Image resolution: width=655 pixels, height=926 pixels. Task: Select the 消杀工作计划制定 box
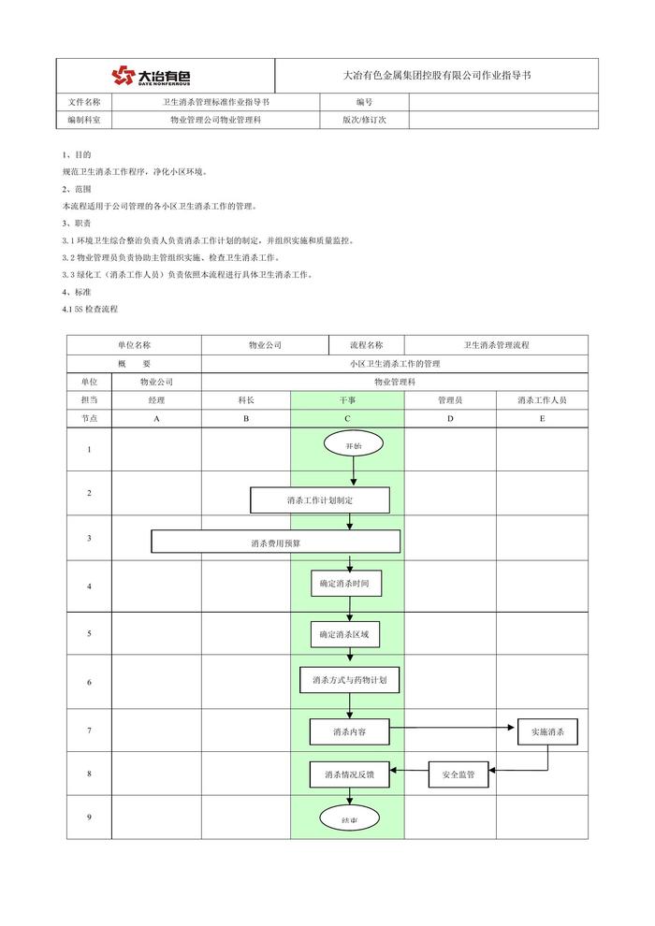319,500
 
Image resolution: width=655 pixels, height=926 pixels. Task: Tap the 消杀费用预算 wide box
275,542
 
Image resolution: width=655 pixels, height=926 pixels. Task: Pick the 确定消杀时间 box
350,583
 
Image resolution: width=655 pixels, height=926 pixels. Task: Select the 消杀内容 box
350,731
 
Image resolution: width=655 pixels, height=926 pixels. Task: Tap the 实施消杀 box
547,731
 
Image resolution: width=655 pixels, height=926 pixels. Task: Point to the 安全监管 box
458,774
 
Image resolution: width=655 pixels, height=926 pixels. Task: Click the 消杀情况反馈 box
349,774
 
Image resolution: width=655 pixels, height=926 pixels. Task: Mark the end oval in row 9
350,819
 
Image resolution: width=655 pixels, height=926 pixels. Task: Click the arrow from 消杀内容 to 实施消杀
454,727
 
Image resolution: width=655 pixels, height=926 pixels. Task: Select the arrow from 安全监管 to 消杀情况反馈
410,772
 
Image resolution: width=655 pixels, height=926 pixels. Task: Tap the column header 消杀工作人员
542,399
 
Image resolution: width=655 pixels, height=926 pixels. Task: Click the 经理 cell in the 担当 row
156,399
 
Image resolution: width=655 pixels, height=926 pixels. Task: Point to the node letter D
450,418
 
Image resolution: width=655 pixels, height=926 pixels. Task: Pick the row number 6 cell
89,682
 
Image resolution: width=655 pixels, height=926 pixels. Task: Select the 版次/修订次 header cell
364,120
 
